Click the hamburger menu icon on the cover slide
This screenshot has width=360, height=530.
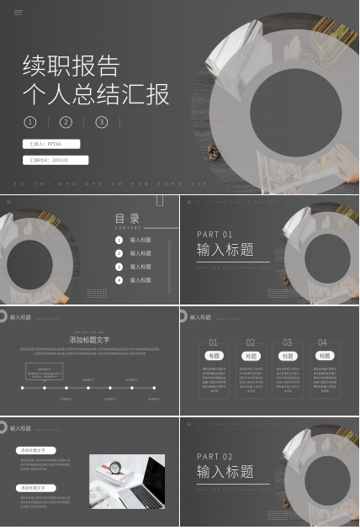point(19,13)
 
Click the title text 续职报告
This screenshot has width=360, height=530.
point(71,66)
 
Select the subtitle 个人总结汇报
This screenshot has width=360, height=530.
point(96,93)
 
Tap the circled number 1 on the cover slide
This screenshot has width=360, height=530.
point(31,122)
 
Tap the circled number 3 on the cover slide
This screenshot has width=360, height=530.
point(102,122)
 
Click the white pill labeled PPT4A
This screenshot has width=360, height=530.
point(55,144)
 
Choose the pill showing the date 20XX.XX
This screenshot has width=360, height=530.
point(55,160)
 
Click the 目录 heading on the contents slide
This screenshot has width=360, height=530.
point(128,219)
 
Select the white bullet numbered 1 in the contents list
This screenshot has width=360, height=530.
point(119,240)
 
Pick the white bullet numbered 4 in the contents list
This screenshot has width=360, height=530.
point(119,279)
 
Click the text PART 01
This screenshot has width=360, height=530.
point(214,234)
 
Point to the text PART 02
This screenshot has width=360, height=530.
point(214,457)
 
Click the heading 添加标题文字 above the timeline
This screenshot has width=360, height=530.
point(89,340)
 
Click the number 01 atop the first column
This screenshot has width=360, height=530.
point(214,342)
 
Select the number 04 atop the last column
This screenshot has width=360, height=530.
point(324,342)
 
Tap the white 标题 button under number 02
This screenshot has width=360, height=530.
point(251,356)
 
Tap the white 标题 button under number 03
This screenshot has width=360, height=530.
point(288,356)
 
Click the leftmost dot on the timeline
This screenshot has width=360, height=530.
point(23,388)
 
